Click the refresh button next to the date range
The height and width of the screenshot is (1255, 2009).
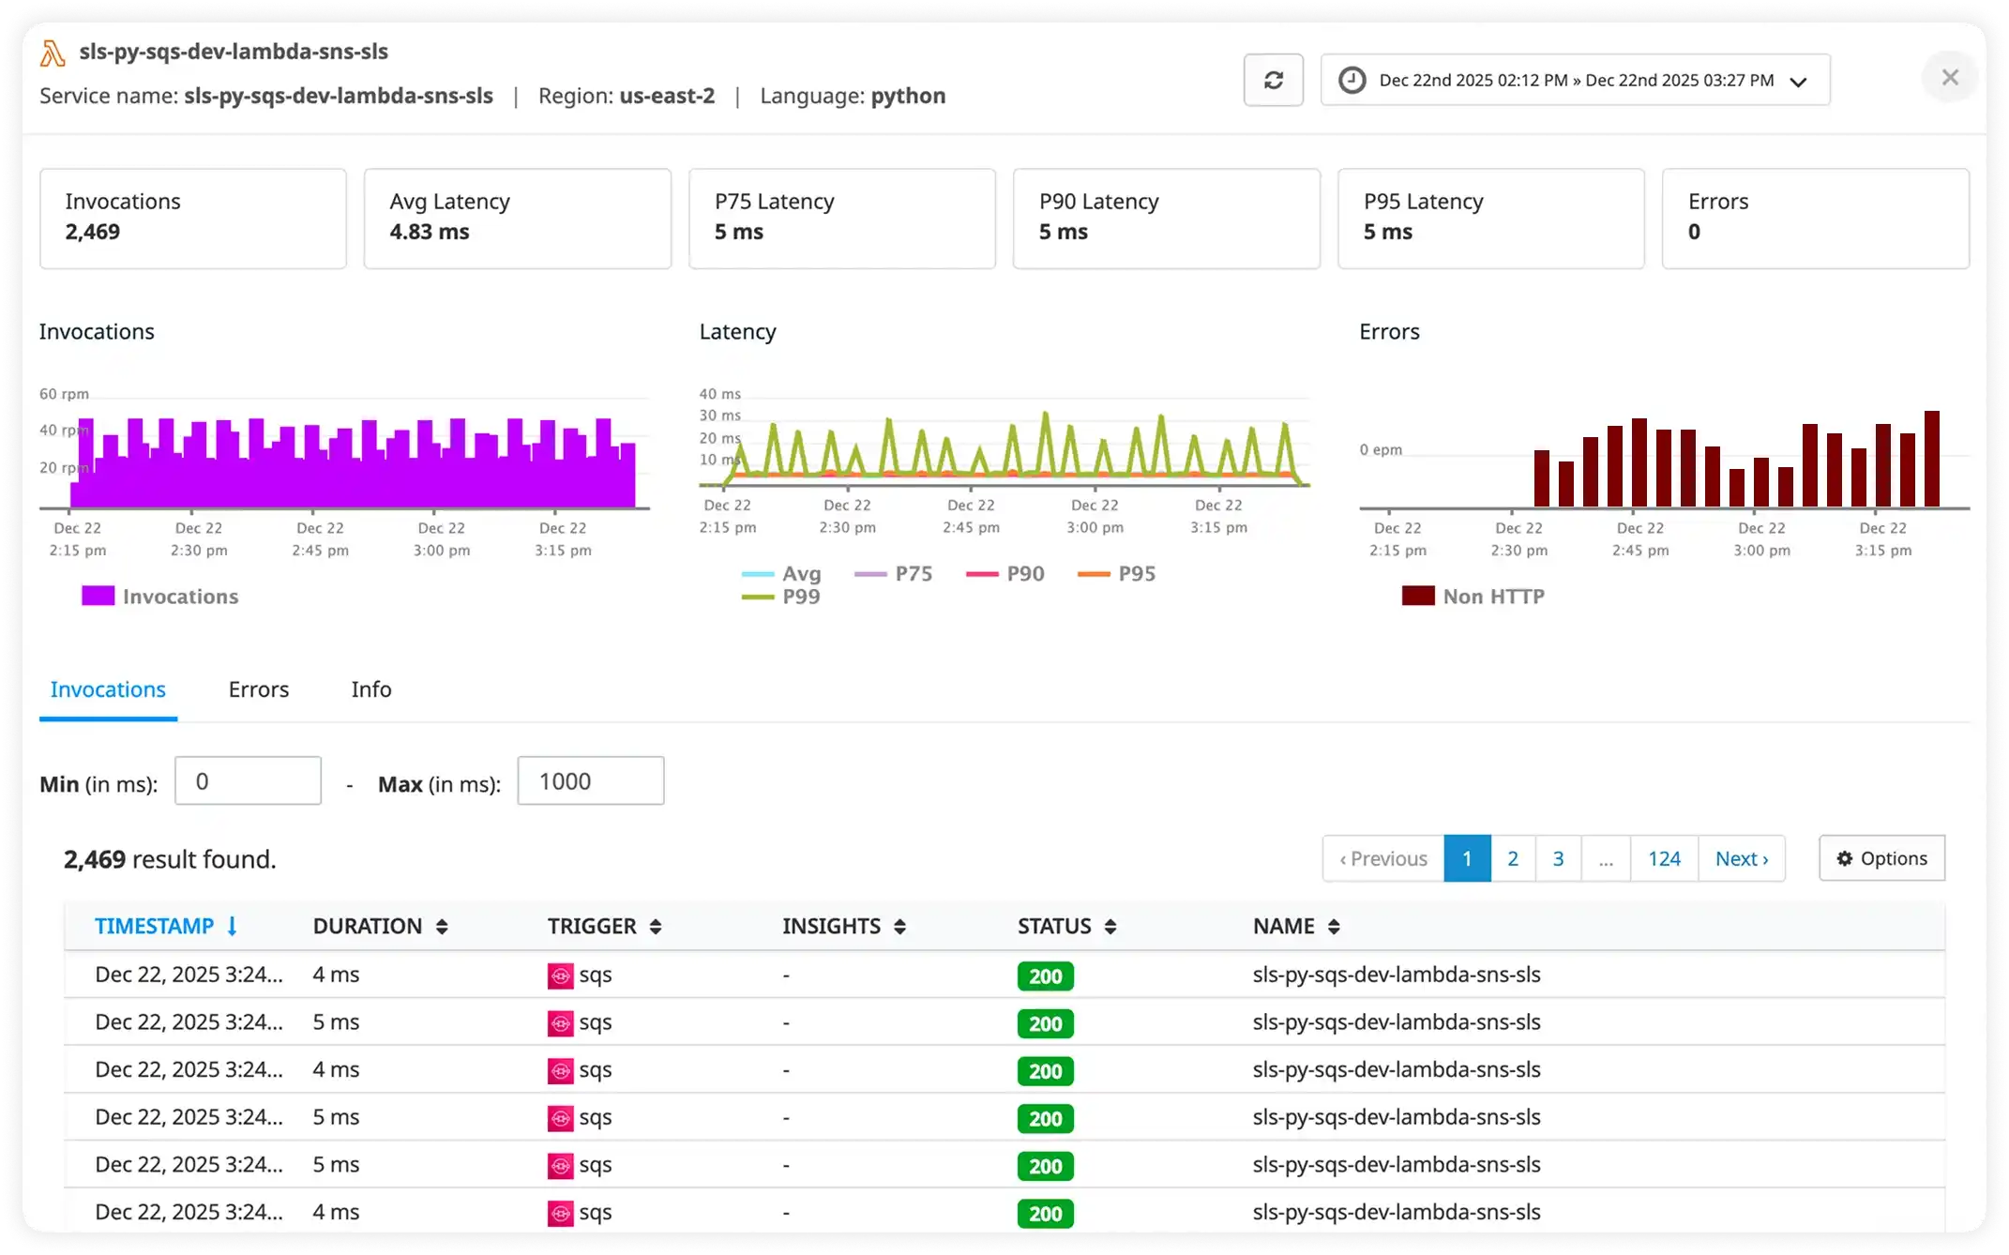point(1273,80)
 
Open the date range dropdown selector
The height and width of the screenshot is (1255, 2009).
point(1575,80)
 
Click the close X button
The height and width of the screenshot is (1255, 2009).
point(1950,78)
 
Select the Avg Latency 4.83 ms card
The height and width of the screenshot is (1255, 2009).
point(517,218)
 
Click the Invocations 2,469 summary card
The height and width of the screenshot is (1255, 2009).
point(192,218)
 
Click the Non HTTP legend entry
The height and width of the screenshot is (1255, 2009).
point(1473,597)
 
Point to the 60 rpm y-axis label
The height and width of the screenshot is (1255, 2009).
point(63,394)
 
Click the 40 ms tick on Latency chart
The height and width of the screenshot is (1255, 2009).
point(719,394)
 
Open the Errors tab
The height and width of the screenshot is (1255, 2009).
point(258,689)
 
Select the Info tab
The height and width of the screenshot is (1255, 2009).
point(371,689)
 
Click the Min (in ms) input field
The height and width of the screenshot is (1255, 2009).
point(248,780)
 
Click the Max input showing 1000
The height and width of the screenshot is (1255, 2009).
point(590,780)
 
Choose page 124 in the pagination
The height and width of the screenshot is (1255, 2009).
point(1664,858)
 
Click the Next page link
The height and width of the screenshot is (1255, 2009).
point(1741,858)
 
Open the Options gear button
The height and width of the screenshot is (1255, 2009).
point(1881,858)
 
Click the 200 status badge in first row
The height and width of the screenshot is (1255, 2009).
point(1045,976)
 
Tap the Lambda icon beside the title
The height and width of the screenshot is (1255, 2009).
point(53,53)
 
